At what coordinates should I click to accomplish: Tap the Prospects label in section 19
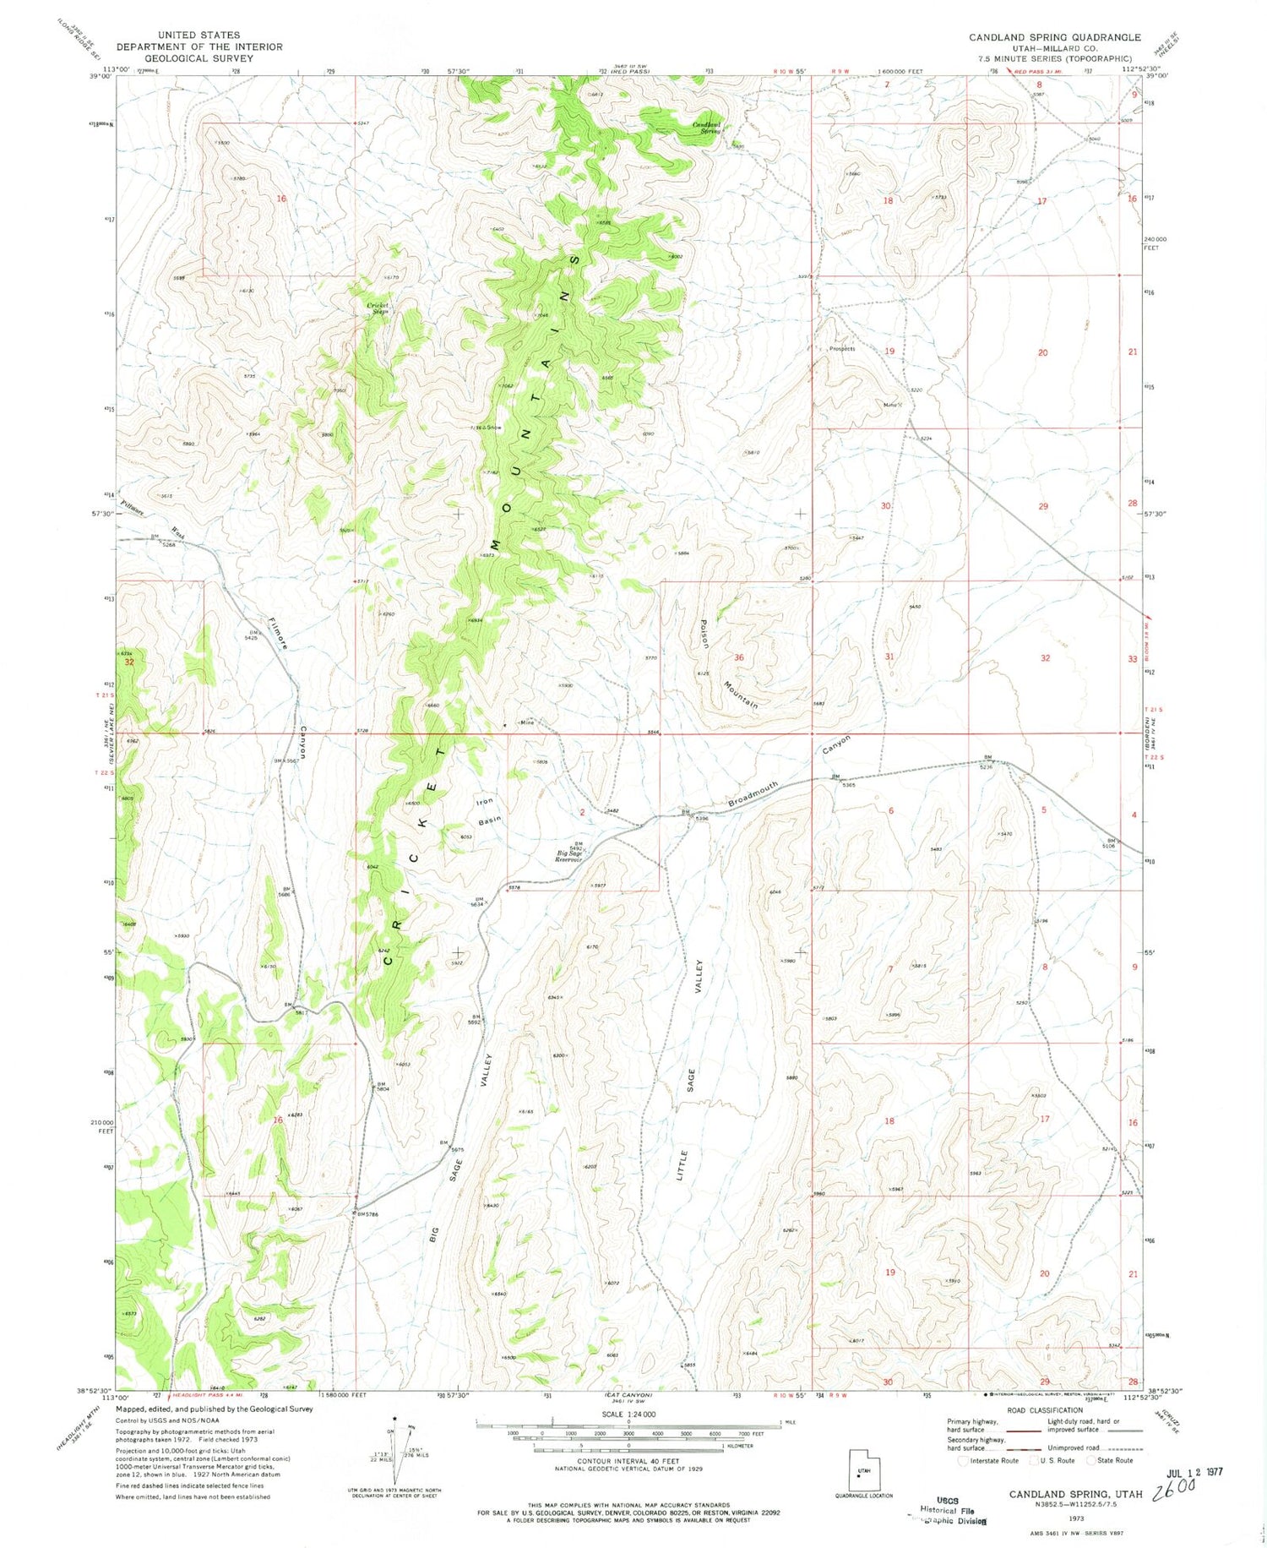[841, 349]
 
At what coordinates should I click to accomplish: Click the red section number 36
[739, 657]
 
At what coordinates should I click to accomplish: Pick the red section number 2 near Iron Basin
[582, 812]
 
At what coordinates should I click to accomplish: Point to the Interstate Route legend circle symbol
[965, 1460]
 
